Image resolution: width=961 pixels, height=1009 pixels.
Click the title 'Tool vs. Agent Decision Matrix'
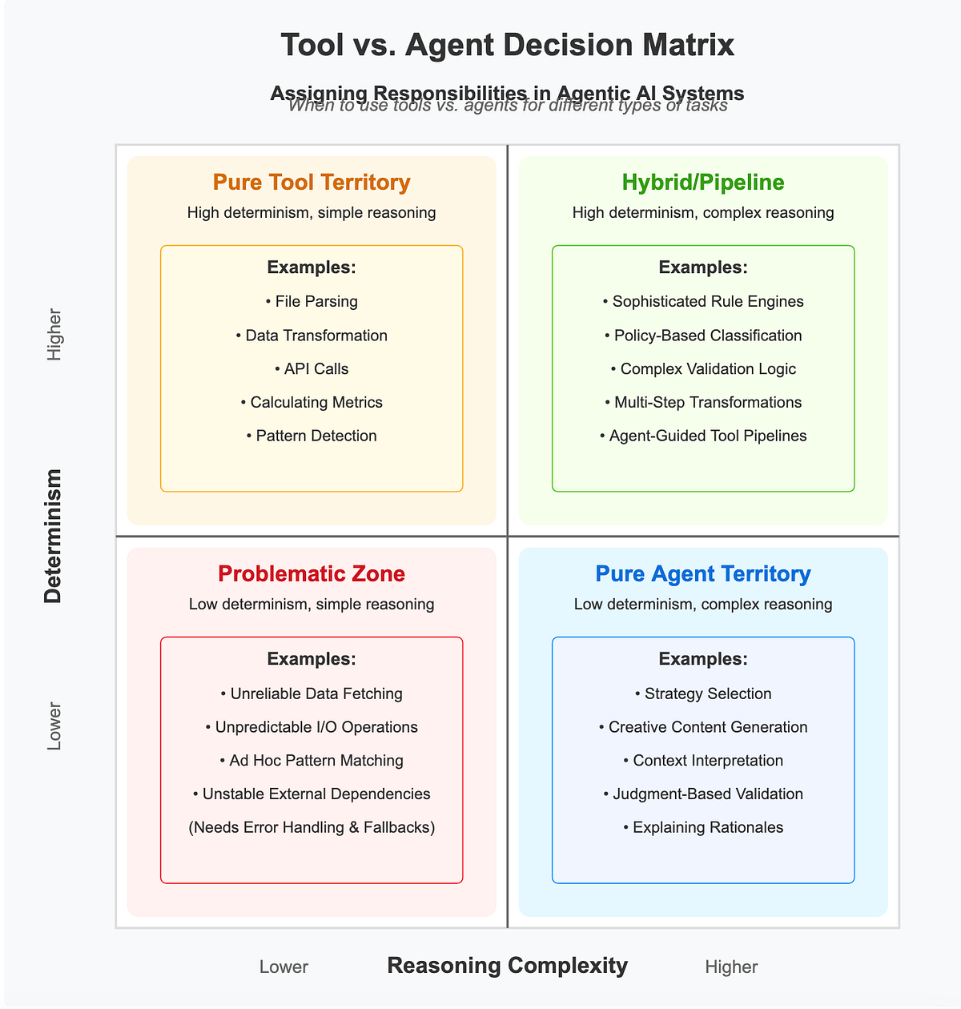(507, 45)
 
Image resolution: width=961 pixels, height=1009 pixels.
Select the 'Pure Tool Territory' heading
(312, 183)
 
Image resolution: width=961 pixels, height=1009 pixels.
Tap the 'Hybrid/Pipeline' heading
(703, 183)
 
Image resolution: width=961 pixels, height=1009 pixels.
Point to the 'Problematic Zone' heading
(312, 574)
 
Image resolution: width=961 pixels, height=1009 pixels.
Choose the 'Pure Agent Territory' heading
(703, 574)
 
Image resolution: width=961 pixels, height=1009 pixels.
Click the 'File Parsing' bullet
(312, 302)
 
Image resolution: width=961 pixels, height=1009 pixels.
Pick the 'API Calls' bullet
(312, 369)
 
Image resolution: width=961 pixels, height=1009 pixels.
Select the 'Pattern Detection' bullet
(312, 436)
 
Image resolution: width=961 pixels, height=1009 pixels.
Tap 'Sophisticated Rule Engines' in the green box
(703, 302)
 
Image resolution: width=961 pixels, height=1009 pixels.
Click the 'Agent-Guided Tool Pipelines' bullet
(703, 436)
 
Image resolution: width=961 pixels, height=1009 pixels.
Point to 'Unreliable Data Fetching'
(312, 693)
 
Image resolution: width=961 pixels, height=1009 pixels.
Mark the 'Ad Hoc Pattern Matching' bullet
(312, 761)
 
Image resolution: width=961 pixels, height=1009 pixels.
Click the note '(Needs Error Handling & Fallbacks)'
(312, 827)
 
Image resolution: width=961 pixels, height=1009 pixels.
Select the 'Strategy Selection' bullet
(703, 693)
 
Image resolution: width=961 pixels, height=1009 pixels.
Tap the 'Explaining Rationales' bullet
(703, 827)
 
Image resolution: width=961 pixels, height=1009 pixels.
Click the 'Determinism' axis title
(53, 537)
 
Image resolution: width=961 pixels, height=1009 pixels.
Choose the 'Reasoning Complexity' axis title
(507, 966)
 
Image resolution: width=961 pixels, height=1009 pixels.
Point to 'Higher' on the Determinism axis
(54, 335)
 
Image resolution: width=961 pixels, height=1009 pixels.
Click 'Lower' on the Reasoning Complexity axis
(283, 967)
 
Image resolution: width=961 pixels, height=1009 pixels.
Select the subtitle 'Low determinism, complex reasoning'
(703, 605)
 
